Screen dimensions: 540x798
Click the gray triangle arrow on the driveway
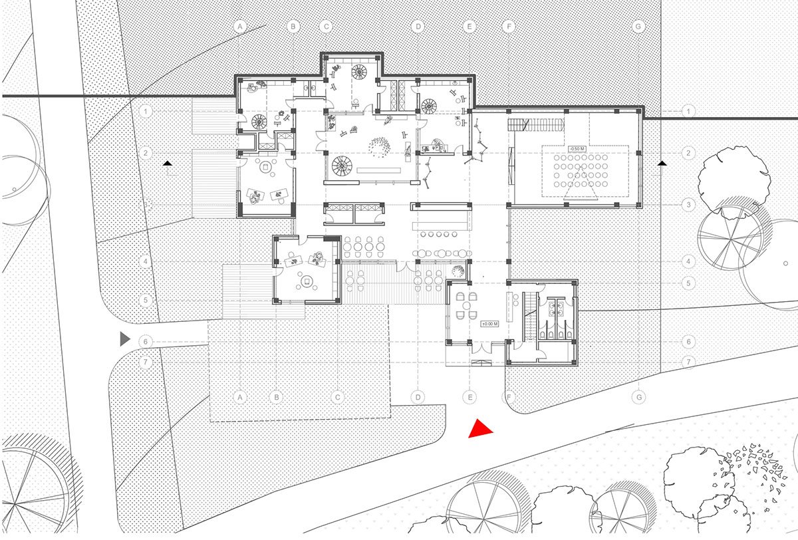(x=124, y=339)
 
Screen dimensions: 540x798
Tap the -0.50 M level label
(x=576, y=148)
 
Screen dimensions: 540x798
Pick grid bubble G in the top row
(x=638, y=27)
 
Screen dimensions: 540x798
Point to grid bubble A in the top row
(x=240, y=27)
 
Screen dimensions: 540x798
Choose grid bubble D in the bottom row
(x=418, y=397)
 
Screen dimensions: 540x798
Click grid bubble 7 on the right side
(x=689, y=362)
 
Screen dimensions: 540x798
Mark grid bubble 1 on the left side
(x=147, y=110)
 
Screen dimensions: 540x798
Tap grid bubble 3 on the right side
(x=689, y=204)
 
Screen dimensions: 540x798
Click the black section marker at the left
(x=168, y=162)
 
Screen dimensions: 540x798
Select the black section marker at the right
(x=662, y=162)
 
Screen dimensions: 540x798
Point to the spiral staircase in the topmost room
(x=360, y=71)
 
